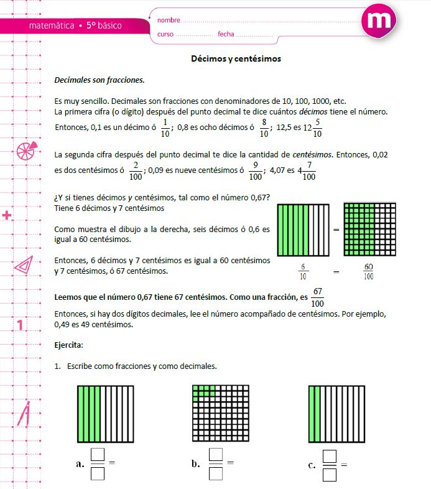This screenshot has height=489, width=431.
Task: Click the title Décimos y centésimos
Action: click(236, 59)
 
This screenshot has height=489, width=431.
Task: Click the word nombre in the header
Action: click(169, 21)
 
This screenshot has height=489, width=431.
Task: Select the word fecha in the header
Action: click(226, 34)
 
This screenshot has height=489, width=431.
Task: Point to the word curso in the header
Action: click(165, 34)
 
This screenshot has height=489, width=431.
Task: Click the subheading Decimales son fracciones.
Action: click(100, 80)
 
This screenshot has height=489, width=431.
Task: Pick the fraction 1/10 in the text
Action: click(164, 128)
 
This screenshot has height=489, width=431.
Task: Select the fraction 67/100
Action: click(318, 297)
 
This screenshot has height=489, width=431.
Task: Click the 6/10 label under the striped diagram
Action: click(303, 271)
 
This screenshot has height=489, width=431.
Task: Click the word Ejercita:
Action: click(69, 344)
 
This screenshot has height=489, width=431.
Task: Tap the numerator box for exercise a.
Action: click(98, 455)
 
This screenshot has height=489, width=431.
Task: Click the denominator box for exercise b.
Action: click(215, 474)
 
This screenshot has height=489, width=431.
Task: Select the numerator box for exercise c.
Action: click(330, 457)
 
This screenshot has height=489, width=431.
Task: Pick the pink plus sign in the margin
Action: click(7, 216)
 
